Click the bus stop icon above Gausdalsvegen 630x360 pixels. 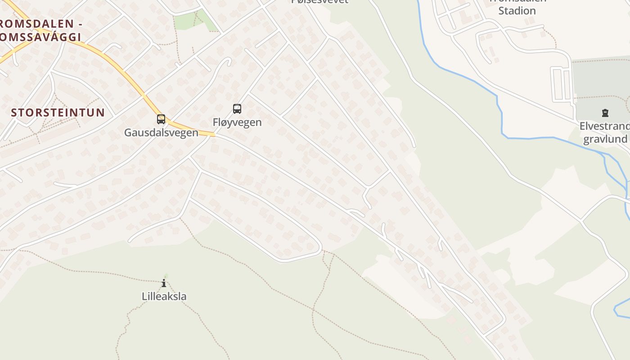point(161,119)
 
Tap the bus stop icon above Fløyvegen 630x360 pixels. point(237,109)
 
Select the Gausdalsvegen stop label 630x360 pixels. point(161,133)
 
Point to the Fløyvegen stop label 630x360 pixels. point(237,122)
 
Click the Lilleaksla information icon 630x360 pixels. point(164,283)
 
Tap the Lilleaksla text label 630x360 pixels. point(164,297)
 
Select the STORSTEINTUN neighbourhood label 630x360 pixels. point(58,112)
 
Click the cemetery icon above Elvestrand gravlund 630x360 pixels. point(605,113)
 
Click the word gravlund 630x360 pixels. point(605,139)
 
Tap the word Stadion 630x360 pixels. point(517,10)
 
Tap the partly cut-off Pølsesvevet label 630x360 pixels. point(320,1)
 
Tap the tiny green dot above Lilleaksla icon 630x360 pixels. point(166,276)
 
